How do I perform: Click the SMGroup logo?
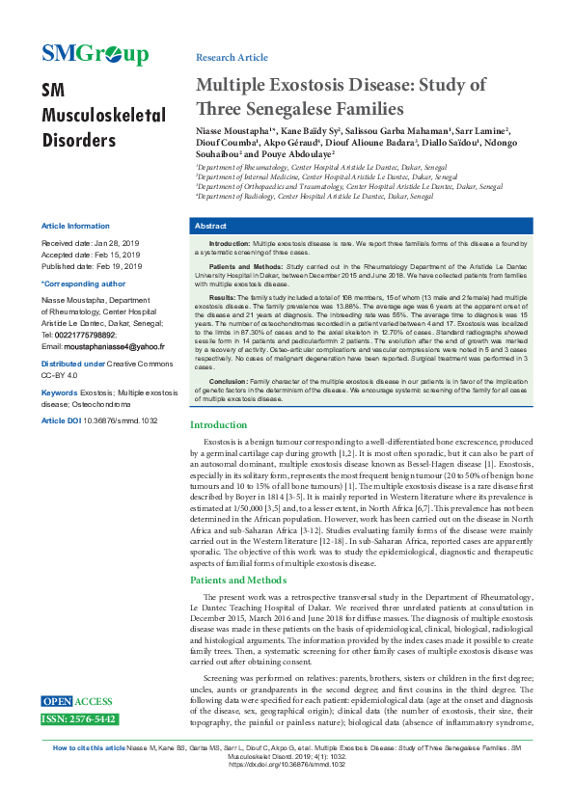(x=95, y=54)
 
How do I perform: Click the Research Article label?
(x=232, y=58)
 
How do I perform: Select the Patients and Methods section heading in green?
(x=237, y=581)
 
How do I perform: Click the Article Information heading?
(x=75, y=226)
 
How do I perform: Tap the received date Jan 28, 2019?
(x=117, y=243)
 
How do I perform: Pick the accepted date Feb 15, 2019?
(x=118, y=255)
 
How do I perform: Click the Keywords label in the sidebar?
(x=60, y=393)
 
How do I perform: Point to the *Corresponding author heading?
(x=83, y=284)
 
